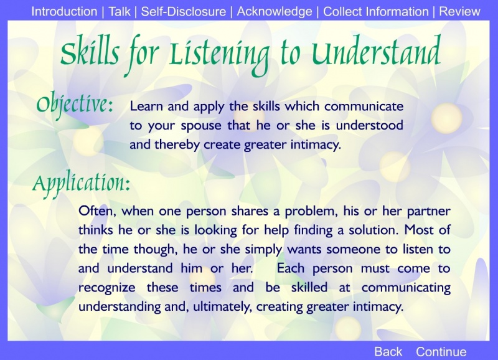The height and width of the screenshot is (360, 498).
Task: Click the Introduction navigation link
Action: point(64,11)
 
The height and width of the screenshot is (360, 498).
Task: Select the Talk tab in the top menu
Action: point(120,11)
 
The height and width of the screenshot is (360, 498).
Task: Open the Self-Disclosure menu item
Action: point(184,11)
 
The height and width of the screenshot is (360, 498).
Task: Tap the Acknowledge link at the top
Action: point(275,11)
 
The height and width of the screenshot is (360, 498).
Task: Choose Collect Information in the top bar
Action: point(376,11)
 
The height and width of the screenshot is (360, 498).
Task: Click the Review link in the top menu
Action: point(459,11)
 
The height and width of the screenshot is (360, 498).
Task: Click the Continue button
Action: point(441,352)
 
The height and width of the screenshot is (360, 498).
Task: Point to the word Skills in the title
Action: point(90,53)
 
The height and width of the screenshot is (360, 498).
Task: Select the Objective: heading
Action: point(75,104)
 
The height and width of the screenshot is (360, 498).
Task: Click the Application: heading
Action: point(82,184)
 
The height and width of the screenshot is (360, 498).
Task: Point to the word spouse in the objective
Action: point(200,126)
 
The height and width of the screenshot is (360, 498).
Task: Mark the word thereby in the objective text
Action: point(177,145)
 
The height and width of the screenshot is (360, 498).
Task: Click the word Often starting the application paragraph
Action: point(98,211)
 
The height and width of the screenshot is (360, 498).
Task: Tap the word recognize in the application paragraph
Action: point(106,288)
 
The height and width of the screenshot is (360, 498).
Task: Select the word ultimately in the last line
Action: point(222,307)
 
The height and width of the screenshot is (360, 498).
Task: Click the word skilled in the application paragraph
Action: point(309,287)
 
